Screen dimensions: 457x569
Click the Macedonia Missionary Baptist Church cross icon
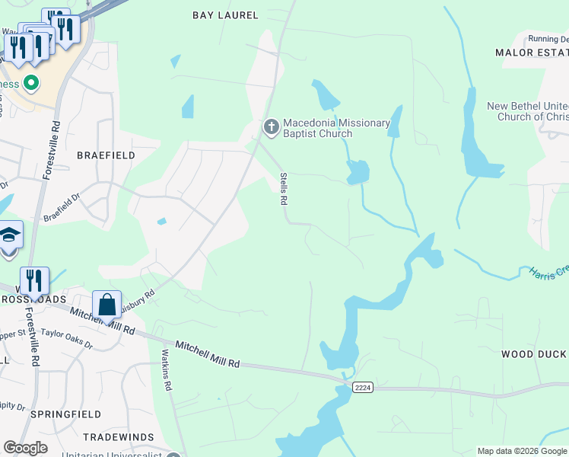[270, 128]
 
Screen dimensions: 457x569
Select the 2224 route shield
[362, 388]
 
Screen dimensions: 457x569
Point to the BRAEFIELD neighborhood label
[106, 155]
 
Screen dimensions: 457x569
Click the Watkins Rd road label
[167, 370]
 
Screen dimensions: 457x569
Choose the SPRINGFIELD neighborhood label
[65, 414]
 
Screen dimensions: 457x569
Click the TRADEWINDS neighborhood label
[113, 437]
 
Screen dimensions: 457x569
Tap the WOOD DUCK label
[533, 354]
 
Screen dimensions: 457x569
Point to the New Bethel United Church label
[527, 111]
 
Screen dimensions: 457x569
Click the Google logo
[25, 448]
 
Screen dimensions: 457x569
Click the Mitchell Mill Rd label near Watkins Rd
[207, 355]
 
